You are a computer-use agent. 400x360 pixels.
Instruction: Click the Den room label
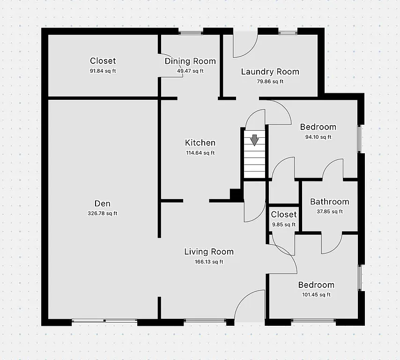click(x=102, y=203)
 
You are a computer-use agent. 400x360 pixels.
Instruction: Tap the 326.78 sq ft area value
click(x=102, y=214)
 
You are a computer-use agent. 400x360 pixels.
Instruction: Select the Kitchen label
click(x=200, y=143)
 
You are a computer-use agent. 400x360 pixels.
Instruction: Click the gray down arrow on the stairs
click(x=254, y=140)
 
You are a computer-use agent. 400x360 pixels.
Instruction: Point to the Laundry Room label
click(x=270, y=72)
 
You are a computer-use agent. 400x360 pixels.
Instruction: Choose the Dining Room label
click(x=190, y=61)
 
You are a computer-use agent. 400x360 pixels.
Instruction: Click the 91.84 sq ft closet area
click(x=103, y=71)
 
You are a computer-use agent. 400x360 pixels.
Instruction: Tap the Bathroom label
click(x=329, y=202)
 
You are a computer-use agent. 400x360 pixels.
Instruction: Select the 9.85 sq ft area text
click(x=284, y=225)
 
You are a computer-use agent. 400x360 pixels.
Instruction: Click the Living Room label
click(x=208, y=252)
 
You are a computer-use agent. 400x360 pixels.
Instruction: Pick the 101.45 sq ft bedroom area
click(x=316, y=295)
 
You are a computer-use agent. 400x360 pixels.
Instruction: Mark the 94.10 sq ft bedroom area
click(x=318, y=137)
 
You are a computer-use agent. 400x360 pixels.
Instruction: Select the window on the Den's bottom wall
click(x=104, y=322)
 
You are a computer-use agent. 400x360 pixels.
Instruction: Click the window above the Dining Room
click(x=191, y=32)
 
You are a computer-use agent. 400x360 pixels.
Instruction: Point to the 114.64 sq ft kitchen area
click(x=200, y=153)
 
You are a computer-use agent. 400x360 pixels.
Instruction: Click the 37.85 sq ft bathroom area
click(x=329, y=211)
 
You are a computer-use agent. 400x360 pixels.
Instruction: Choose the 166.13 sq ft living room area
click(x=208, y=262)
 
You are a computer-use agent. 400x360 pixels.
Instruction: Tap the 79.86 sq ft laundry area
click(x=270, y=82)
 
